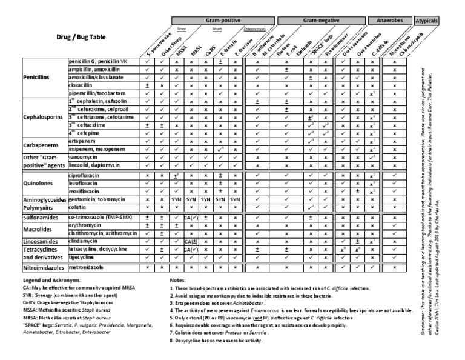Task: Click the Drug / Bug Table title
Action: tap(81, 37)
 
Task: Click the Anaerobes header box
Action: tap(389, 21)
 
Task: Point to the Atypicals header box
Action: tap(426, 21)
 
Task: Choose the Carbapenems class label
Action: tap(41, 144)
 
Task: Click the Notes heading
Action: tap(178, 281)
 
